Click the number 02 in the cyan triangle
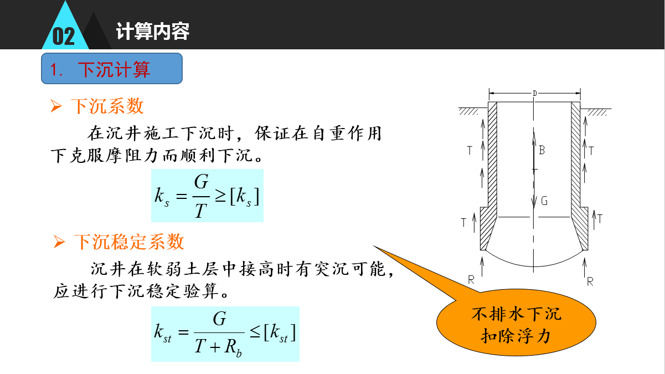64,37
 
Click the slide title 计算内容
153,31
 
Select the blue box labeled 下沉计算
112,68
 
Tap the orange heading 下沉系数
107,106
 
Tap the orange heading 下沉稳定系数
129,242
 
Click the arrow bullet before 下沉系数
56,106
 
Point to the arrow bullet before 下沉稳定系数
59,242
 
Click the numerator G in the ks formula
202,182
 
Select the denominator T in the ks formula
200,211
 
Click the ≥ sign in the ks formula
220,196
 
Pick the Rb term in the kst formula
233,347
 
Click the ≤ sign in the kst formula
255,331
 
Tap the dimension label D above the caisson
535,93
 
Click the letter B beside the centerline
542,150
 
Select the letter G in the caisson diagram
544,201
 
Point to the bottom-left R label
471,280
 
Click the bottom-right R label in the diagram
590,281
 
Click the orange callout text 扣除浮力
516,336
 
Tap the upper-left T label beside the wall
470,151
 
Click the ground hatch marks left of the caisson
468,112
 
